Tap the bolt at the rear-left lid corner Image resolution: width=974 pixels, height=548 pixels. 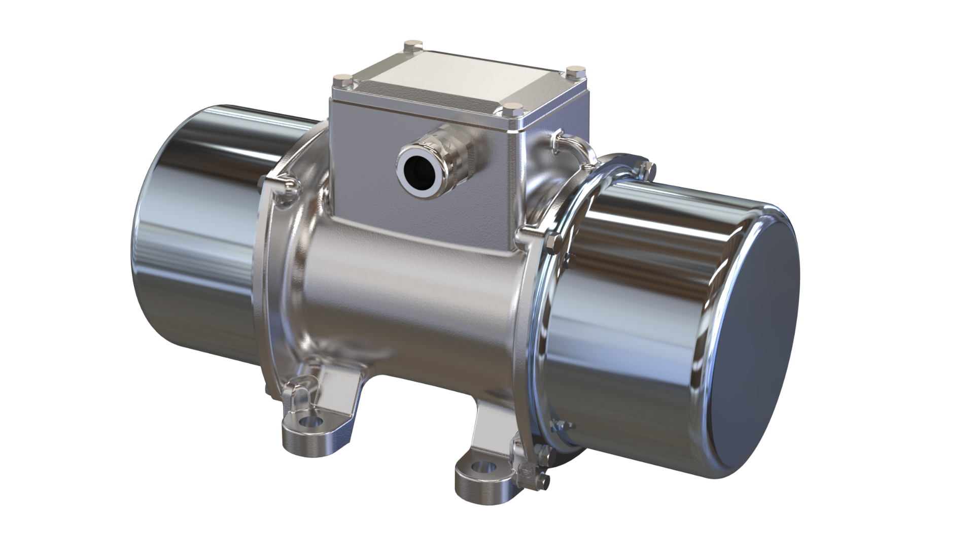pyautogui.click(x=409, y=47)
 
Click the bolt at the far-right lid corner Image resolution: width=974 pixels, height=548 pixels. pyautogui.click(x=574, y=70)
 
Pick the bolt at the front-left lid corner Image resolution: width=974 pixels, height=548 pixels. pyautogui.click(x=339, y=81)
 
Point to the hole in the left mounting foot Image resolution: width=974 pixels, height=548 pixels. pyautogui.click(x=308, y=422)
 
